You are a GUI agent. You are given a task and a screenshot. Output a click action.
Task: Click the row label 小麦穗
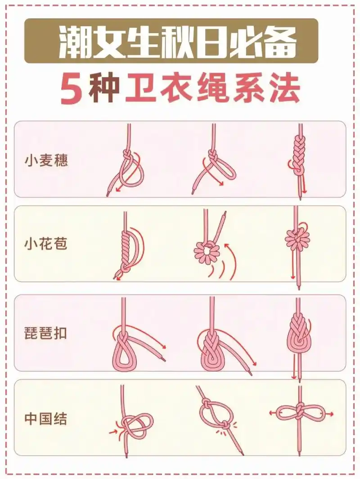46,161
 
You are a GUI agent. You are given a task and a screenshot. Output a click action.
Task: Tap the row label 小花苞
46,244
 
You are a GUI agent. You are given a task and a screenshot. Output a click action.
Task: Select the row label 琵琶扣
46,333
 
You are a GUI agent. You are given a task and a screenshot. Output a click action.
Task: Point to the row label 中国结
46,419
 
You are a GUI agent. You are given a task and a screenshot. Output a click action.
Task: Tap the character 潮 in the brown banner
75,41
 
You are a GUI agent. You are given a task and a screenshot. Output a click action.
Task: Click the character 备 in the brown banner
280,41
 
